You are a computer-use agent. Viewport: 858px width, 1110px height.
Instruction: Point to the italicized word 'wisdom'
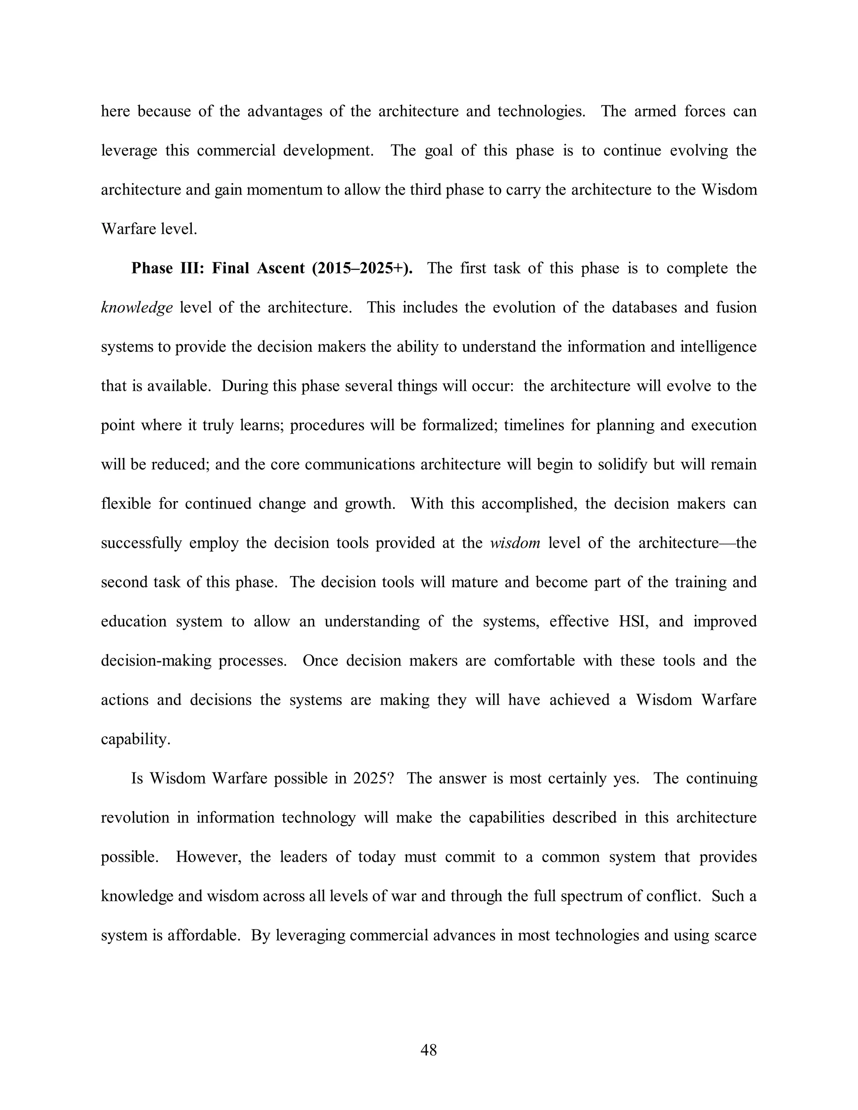tap(515, 543)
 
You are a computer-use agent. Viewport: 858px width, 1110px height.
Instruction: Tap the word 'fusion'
tap(736, 307)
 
